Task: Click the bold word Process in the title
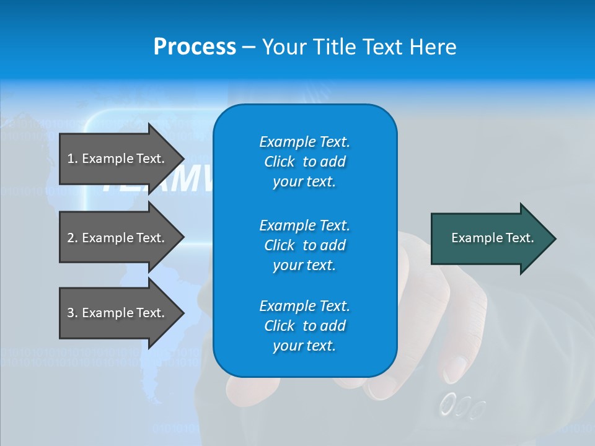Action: coord(195,47)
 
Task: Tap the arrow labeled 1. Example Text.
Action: coord(118,159)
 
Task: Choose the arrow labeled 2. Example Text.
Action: coord(118,238)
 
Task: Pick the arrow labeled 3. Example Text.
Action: coord(118,313)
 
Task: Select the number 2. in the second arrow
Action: coord(72,238)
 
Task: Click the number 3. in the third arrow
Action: coord(72,313)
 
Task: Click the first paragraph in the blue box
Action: coord(304,162)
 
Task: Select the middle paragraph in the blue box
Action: coord(304,245)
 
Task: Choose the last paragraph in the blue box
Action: coord(304,326)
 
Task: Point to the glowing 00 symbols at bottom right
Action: coord(462,406)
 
